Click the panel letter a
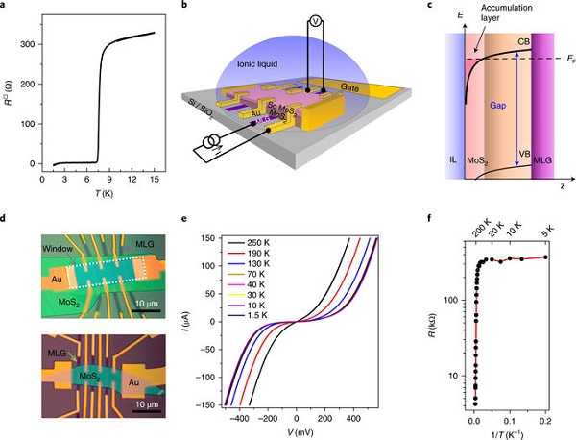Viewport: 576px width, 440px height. pyautogui.click(x=7, y=7)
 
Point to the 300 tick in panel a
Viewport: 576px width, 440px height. pyautogui.click(x=29, y=45)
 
